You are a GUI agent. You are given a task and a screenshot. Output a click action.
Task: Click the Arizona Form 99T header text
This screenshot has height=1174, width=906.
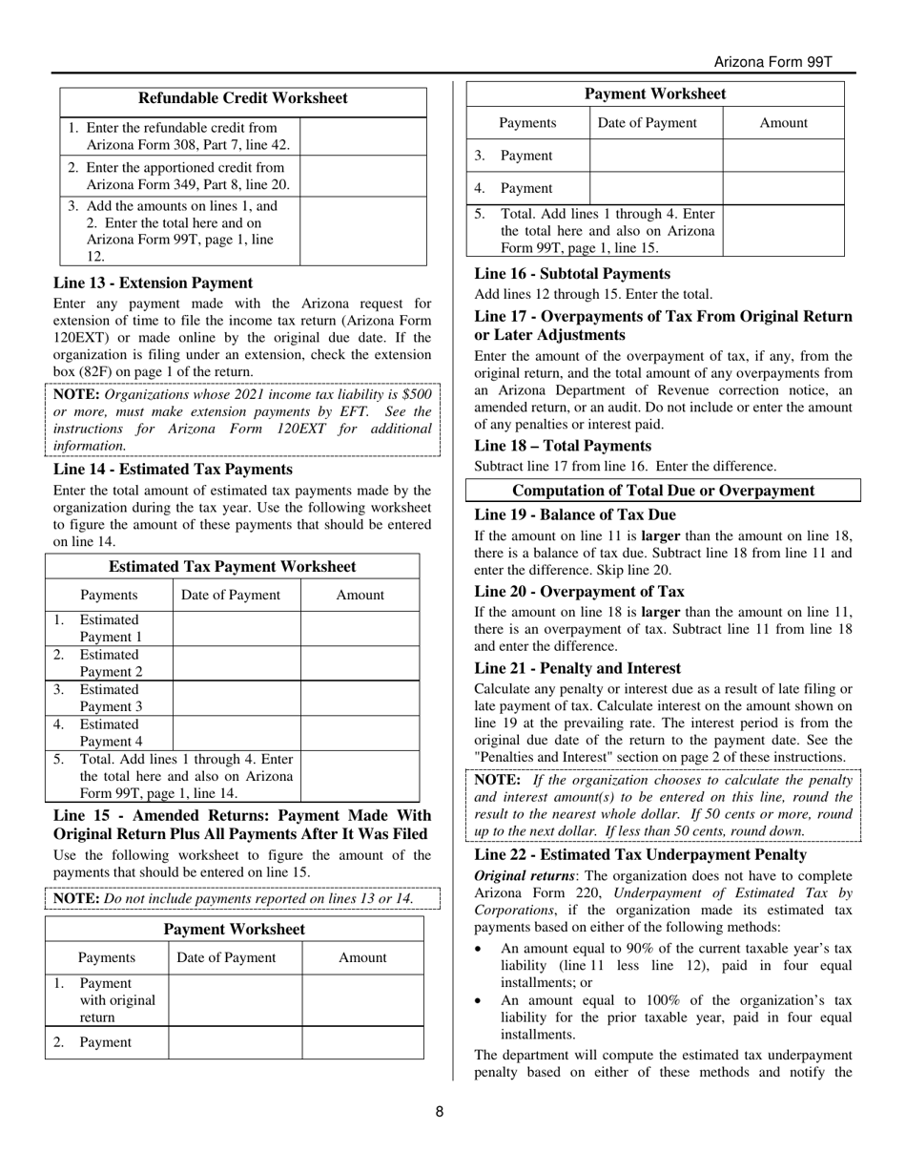(x=772, y=62)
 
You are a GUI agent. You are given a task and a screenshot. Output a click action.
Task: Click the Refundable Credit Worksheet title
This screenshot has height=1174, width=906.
(x=243, y=98)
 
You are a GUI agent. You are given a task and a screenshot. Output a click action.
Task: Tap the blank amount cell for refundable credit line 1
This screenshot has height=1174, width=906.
(x=362, y=136)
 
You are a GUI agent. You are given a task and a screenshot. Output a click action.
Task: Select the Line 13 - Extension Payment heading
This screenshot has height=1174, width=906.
(x=153, y=283)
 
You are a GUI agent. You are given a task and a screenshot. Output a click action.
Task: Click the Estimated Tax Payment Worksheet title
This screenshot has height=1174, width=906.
(x=232, y=567)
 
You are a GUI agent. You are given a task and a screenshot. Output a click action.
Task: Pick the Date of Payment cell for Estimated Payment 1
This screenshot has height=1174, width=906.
(x=237, y=629)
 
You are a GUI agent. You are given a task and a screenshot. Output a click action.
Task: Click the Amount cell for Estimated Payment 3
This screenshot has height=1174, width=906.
(x=360, y=699)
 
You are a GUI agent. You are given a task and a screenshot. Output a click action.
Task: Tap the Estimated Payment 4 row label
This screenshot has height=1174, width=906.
(x=110, y=733)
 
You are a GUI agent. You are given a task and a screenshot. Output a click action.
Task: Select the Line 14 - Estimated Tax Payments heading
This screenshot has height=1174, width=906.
(x=173, y=469)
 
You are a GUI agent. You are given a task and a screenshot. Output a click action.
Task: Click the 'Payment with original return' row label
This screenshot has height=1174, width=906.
(x=116, y=1000)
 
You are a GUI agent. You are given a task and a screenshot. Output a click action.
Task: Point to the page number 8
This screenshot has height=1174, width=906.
(x=440, y=1111)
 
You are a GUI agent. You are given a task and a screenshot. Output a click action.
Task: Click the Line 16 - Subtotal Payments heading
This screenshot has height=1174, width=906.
(x=572, y=274)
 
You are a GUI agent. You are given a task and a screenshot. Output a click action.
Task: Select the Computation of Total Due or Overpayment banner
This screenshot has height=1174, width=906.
(x=663, y=491)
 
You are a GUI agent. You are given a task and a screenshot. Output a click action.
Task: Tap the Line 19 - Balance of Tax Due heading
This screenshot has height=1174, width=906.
(x=575, y=514)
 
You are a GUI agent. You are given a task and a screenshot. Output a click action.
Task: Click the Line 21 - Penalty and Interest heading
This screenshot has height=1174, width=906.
(x=577, y=668)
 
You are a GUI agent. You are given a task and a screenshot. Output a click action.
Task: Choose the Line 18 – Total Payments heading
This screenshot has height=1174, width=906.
(x=563, y=446)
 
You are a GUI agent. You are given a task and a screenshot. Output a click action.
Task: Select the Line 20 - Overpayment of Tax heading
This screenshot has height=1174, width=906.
(x=579, y=592)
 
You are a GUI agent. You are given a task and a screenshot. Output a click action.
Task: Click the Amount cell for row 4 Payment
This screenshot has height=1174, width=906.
(x=783, y=188)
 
